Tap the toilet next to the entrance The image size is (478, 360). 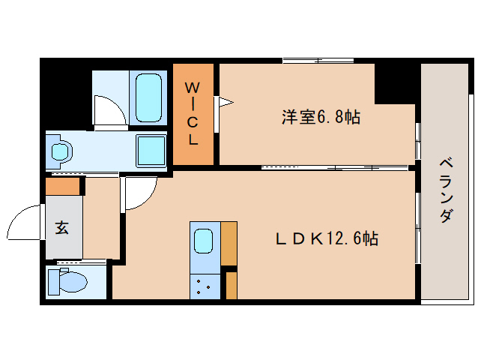tap(67, 282)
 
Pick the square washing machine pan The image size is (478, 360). tap(151, 150)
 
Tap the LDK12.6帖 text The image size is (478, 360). tap(327, 239)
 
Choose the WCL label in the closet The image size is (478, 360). tap(193, 114)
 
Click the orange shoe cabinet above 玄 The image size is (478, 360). tap(62, 186)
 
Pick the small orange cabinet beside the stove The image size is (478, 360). tap(232, 285)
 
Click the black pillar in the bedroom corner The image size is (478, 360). tap(395, 83)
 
